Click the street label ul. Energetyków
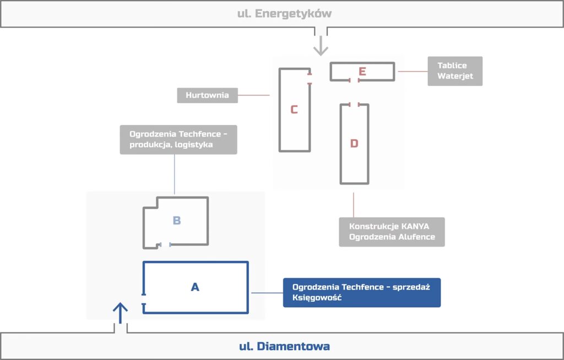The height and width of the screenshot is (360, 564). [x=284, y=14]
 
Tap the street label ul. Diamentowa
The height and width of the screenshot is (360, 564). [x=284, y=346]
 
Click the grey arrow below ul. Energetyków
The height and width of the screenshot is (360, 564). [x=320, y=46]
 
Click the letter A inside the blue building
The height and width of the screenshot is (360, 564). [x=194, y=287]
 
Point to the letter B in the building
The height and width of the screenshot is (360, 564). [x=177, y=221]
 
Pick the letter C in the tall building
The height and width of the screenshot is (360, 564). [x=294, y=110]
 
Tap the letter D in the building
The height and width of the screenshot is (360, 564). [x=354, y=144]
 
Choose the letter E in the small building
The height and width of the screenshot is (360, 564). [x=362, y=72]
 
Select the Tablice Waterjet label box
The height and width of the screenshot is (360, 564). [x=455, y=71]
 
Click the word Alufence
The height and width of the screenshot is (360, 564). [x=414, y=237]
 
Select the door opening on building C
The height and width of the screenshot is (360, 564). [x=310, y=79]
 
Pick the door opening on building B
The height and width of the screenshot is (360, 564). [x=165, y=244]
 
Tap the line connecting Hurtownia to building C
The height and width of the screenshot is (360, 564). [x=253, y=95]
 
